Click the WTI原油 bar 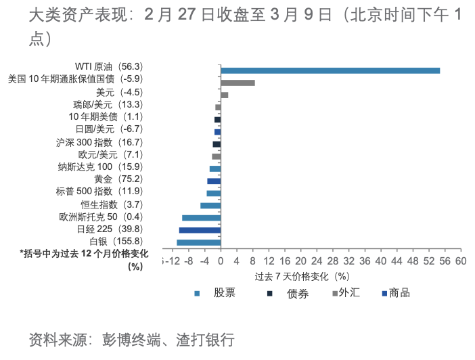pos(330,70)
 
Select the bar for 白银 pos(199,242)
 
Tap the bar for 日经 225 pos(200,230)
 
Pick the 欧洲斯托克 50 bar pos(202,218)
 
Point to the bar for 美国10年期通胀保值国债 pos(237,83)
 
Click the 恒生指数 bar pos(210,205)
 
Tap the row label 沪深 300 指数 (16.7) pos(99,143)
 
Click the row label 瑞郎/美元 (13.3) pos(108,105)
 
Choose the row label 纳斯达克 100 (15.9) pos(101,167)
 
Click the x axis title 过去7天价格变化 pos(301,276)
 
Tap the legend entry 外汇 pos(348,293)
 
